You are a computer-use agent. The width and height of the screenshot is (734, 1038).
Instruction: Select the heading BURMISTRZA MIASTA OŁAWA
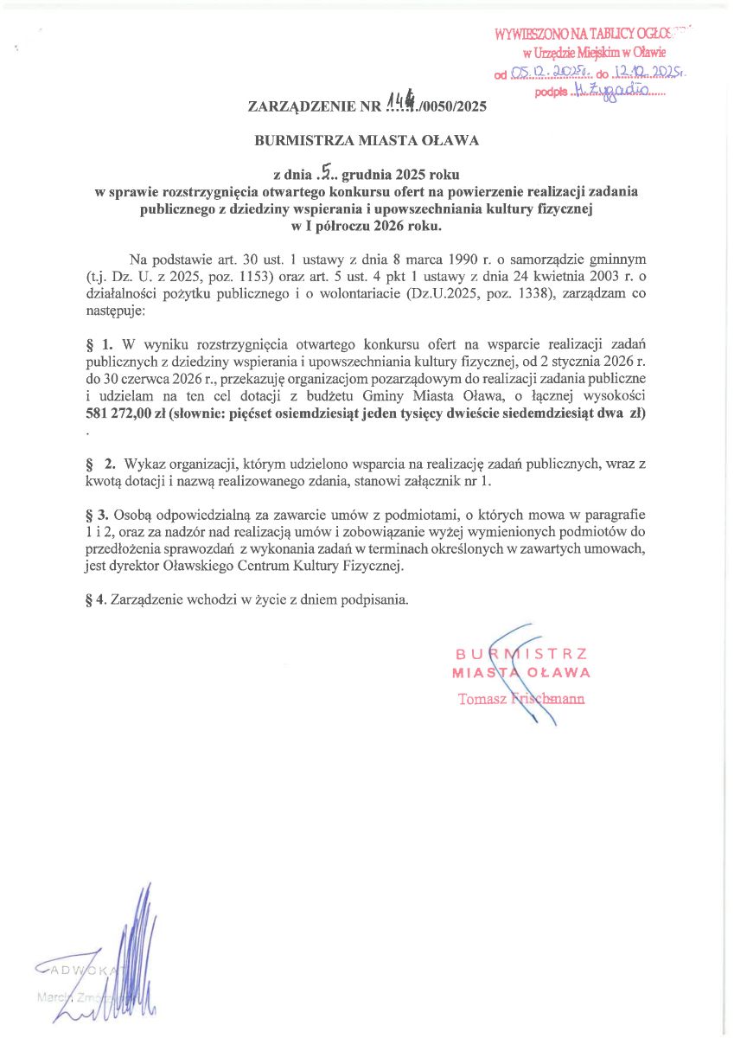pos(366,138)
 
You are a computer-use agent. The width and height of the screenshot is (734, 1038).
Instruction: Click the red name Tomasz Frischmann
pos(520,699)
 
